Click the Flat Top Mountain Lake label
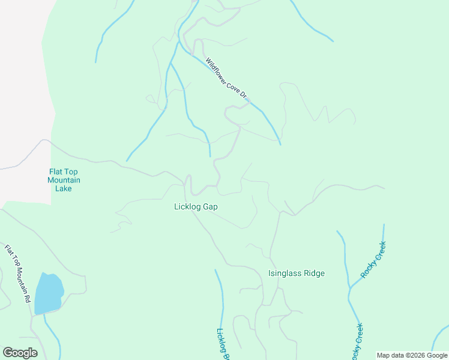click(64, 180)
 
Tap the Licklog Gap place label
click(195, 206)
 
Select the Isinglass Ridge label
click(296, 274)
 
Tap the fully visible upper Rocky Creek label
click(373, 260)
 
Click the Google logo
click(20, 353)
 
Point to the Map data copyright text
click(412, 355)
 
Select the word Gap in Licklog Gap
click(209, 206)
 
